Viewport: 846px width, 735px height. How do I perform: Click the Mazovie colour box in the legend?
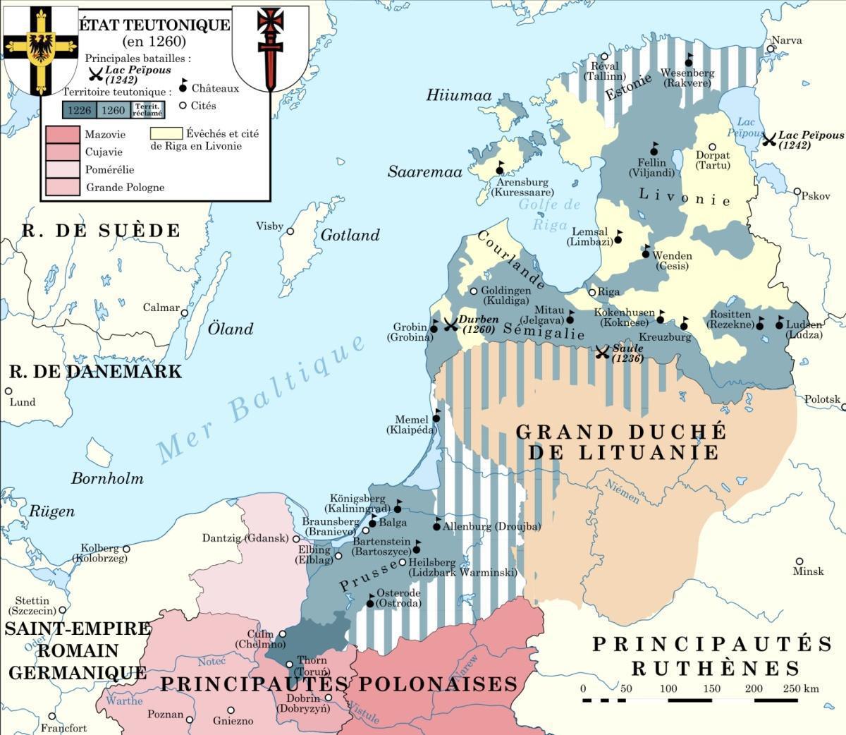[x=63, y=135]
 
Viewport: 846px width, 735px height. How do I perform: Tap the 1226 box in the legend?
[x=79, y=110]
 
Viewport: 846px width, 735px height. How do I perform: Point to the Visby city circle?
[x=290, y=231]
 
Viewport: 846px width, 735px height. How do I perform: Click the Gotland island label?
[x=350, y=236]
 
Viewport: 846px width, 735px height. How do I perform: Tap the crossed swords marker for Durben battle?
[x=450, y=324]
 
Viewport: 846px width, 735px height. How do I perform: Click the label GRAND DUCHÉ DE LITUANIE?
[x=620, y=442]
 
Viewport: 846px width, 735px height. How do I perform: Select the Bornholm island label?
[x=107, y=478]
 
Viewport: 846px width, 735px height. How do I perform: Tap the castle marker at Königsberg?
[x=397, y=507]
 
